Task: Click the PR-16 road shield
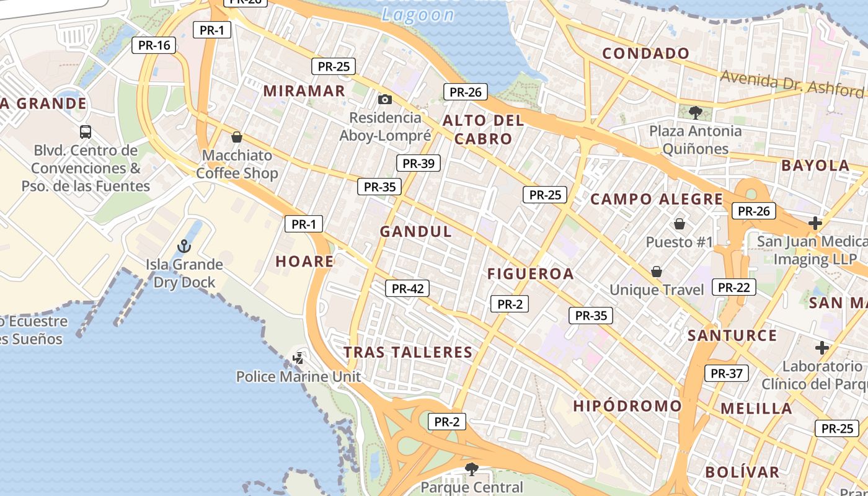tap(154, 45)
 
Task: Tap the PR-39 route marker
tap(418, 163)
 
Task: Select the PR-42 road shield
tap(407, 288)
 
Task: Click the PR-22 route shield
tap(733, 287)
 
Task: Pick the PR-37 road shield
tap(726, 373)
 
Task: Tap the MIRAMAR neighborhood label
tap(304, 91)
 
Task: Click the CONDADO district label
tap(645, 53)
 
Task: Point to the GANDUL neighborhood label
tap(416, 231)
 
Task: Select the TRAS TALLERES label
tap(408, 352)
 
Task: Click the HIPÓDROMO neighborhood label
tap(627, 406)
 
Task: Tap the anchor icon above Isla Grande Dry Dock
tap(184, 246)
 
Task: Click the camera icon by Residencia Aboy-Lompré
tap(384, 99)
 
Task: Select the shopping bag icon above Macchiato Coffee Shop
tap(236, 137)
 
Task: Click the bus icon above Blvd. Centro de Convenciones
tap(86, 131)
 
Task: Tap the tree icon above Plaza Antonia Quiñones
tap(695, 112)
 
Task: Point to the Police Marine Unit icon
tap(298, 358)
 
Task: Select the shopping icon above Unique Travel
tap(656, 272)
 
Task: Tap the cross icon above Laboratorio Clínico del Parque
tap(822, 347)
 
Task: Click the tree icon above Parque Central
tap(471, 469)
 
